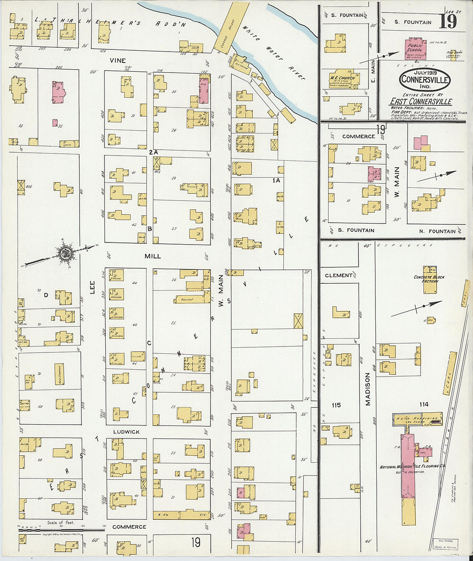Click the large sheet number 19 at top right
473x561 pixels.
[x=448, y=21]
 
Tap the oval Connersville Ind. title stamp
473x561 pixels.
[x=424, y=80]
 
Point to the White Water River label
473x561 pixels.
[x=273, y=52]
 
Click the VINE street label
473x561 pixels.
[x=117, y=61]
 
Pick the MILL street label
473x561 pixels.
[x=153, y=256]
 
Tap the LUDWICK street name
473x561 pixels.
[x=126, y=432]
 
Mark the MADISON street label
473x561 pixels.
[x=368, y=389]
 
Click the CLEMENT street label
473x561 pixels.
[x=338, y=275]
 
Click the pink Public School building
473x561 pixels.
[x=415, y=49]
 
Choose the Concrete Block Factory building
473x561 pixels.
[x=429, y=279]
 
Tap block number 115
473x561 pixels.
[x=336, y=405]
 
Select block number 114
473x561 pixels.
[x=423, y=404]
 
